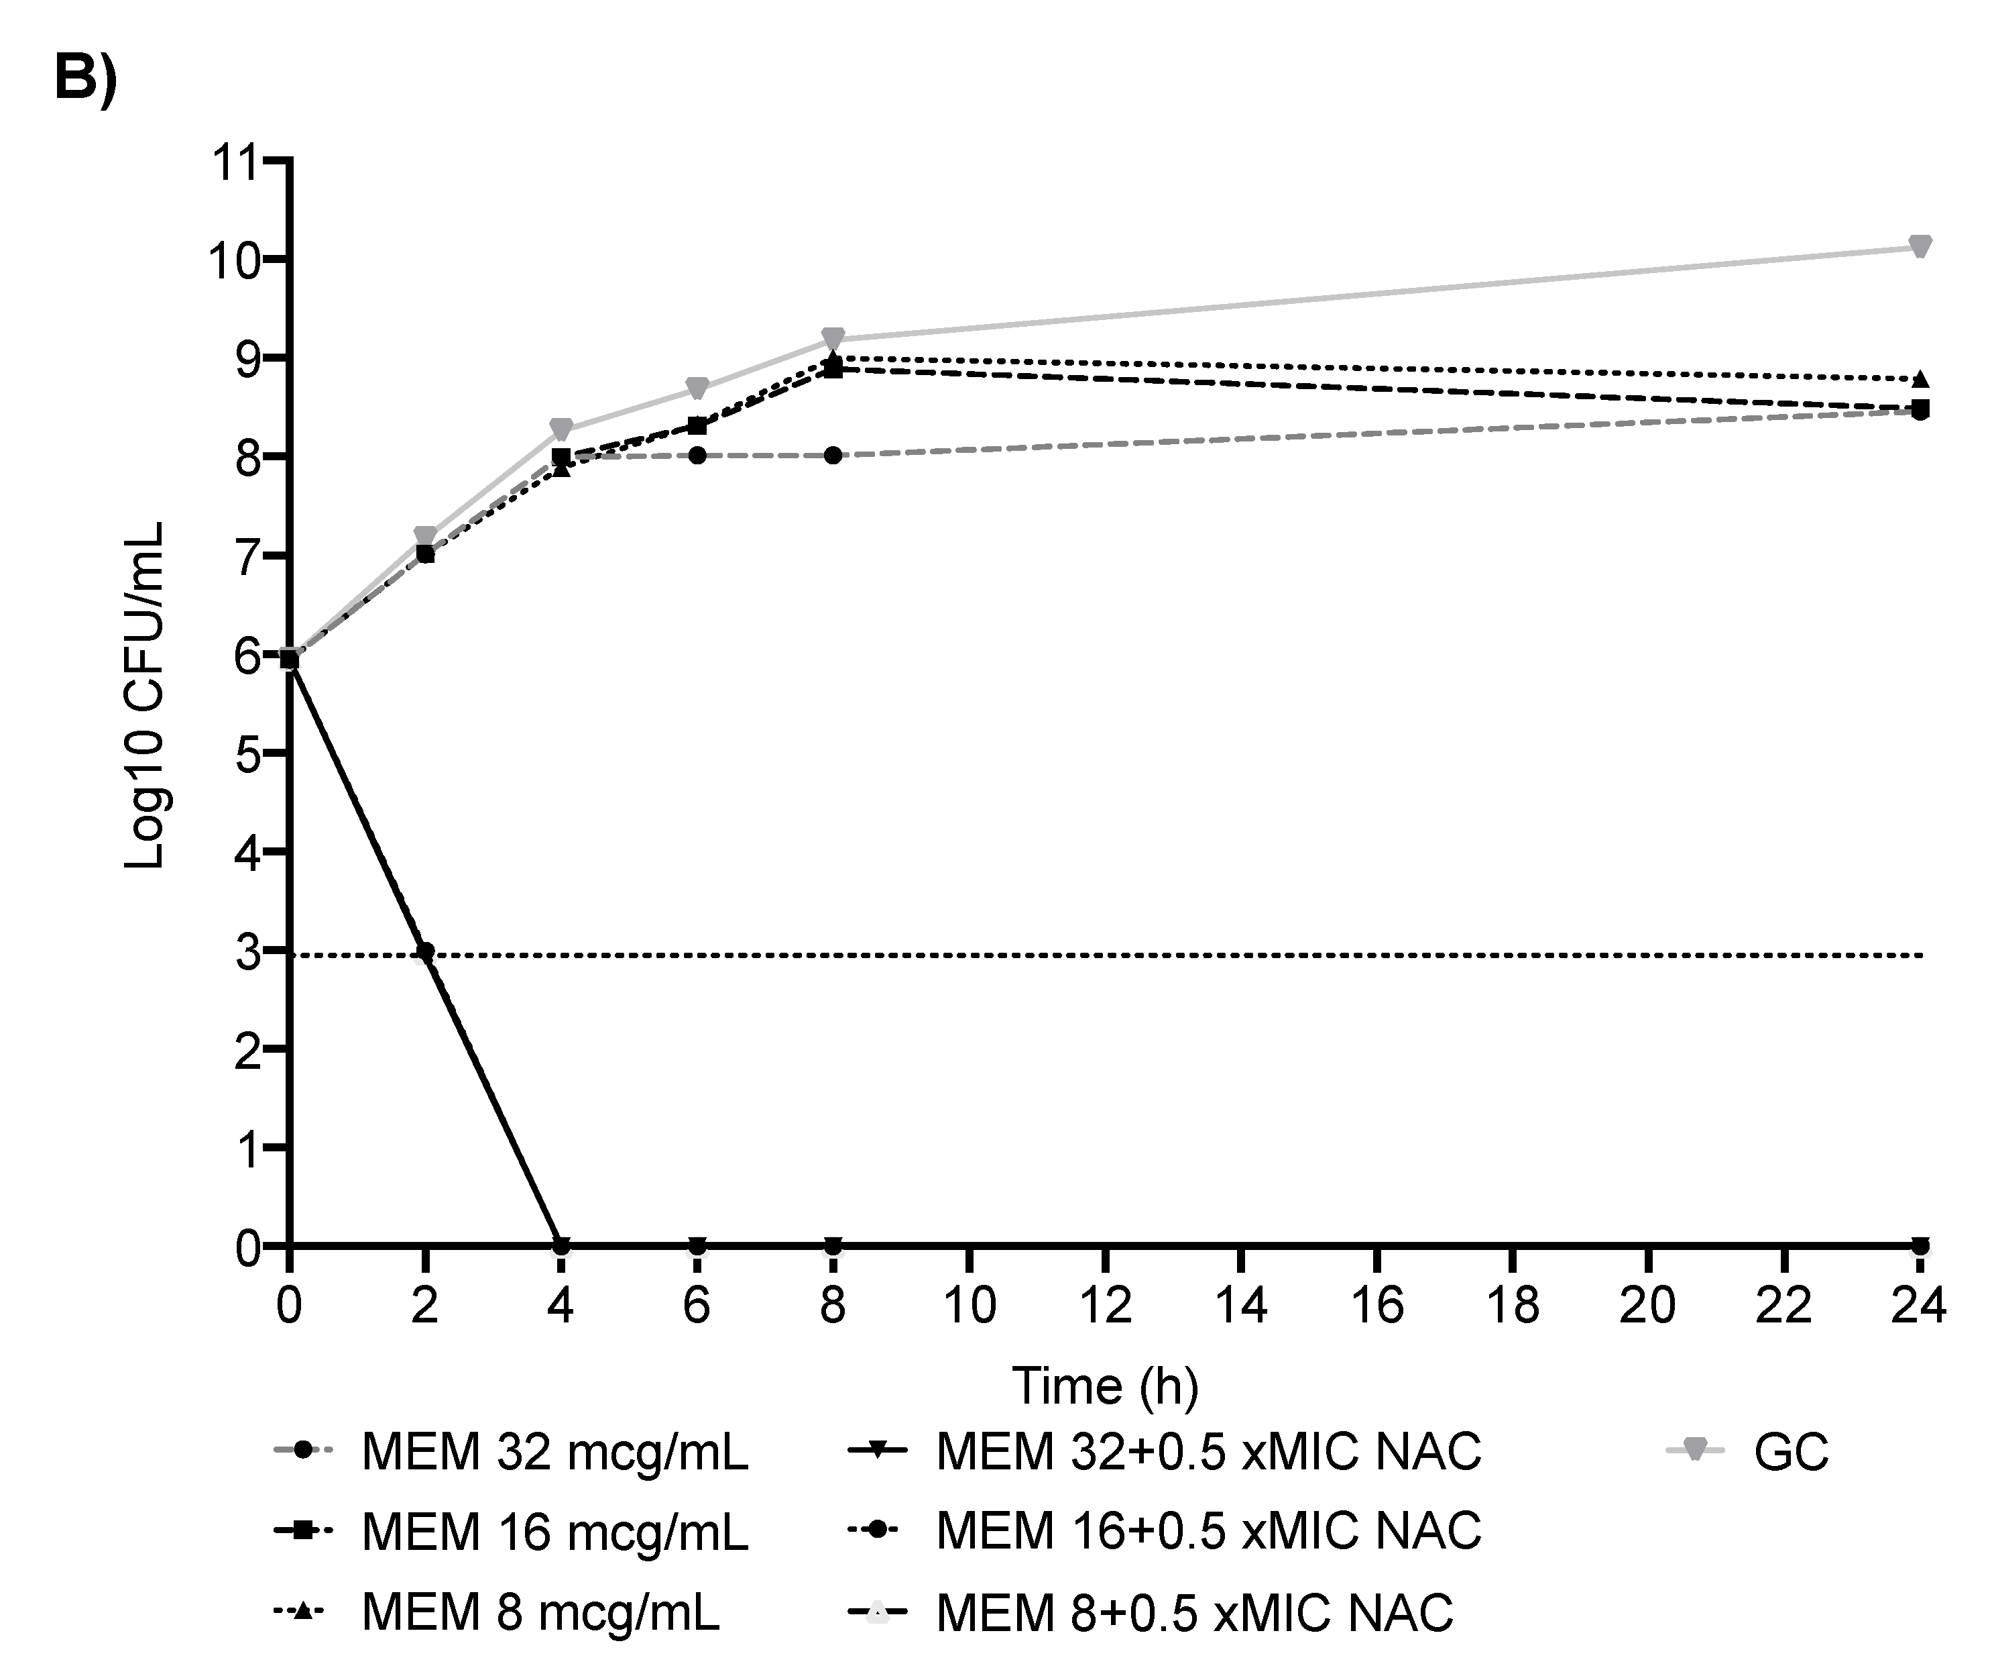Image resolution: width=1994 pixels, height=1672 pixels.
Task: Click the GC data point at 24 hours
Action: (x=1919, y=247)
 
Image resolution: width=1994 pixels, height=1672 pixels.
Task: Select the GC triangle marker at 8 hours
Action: (x=833, y=339)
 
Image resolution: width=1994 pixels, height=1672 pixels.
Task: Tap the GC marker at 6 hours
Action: (x=697, y=388)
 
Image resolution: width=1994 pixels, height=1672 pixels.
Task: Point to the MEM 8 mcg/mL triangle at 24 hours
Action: (x=1919, y=379)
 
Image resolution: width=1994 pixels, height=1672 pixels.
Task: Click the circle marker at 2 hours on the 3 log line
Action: (x=425, y=951)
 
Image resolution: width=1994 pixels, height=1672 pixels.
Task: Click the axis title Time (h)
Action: (x=1104, y=1386)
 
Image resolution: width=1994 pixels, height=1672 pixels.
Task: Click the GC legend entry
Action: (x=1790, y=1452)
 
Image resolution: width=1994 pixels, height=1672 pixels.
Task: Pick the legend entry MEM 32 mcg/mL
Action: (x=554, y=1452)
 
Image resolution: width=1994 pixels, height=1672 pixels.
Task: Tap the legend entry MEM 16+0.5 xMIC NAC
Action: (x=1208, y=1530)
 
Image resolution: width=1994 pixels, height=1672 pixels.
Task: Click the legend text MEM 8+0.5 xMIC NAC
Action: (x=1193, y=1612)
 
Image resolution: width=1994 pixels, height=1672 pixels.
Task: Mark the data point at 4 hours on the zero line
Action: (x=561, y=1245)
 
